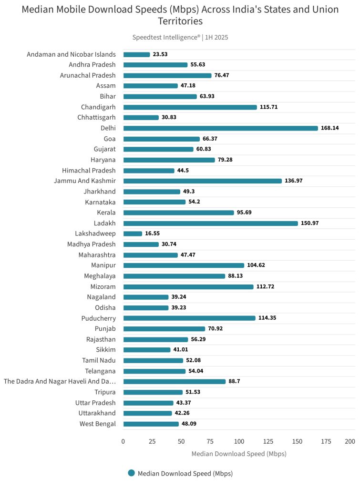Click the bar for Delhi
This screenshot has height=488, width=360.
pyautogui.click(x=220, y=128)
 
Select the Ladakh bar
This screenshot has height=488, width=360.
pyautogui.click(x=210, y=223)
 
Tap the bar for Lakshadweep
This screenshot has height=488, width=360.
pyautogui.click(x=133, y=234)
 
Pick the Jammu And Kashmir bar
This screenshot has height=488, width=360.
pyautogui.click(x=202, y=181)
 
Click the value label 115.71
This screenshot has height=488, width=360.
pyautogui.click(x=268, y=107)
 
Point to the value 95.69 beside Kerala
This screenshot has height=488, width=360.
pyautogui.click(x=246, y=213)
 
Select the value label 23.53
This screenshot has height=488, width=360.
pyautogui.click(x=160, y=54)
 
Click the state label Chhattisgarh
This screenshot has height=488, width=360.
pyautogui.click(x=96, y=118)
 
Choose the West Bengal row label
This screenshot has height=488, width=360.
pyautogui.click(x=97, y=424)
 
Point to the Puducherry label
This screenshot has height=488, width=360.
pyautogui.click(x=98, y=318)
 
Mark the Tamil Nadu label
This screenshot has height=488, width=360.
pyautogui.click(x=99, y=360)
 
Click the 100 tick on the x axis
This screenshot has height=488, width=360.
pyautogui.click(x=239, y=441)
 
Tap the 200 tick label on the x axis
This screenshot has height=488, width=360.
pyautogui.click(x=350, y=441)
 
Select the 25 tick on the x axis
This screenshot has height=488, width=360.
pyautogui.click(x=152, y=441)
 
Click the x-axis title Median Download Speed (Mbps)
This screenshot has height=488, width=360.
pyautogui.click(x=239, y=454)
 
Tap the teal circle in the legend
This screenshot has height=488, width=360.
pyautogui.click(x=132, y=473)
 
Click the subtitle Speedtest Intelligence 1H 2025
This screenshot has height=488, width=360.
pyautogui.click(x=180, y=37)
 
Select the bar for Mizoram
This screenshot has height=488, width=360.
pyautogui.click(x=188, y=286)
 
